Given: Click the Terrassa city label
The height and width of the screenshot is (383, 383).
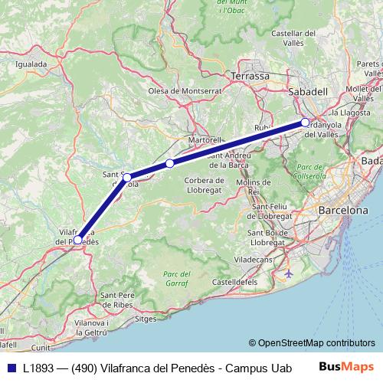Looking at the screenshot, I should point(250,77).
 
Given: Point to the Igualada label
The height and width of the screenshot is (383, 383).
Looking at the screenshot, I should point(31,64).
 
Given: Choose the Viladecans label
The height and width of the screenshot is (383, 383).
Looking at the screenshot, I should point(254,260).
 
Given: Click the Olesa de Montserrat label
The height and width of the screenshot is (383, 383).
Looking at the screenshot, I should point(185,90).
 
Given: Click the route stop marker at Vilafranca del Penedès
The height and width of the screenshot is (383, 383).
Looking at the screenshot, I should point(77,240).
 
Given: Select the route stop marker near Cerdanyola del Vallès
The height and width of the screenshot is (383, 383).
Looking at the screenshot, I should point(305,123).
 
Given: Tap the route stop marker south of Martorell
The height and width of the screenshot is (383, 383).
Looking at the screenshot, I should point(169,163).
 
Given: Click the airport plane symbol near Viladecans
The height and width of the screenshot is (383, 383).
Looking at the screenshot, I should point(288,273).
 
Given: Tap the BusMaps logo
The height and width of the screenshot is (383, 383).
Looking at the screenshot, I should point(351,367).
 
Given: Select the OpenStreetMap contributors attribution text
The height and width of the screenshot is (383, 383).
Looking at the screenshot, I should point(312,343).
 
